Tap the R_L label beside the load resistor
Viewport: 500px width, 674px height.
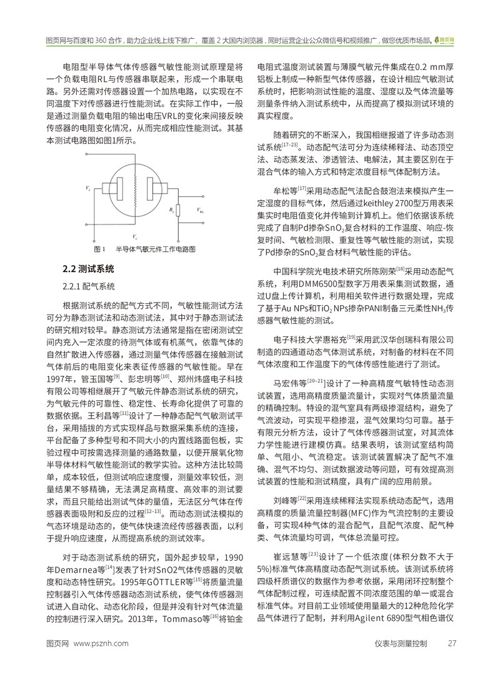click(x=171, y=212)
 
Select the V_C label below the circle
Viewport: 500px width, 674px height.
click(x=134, y=237)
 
